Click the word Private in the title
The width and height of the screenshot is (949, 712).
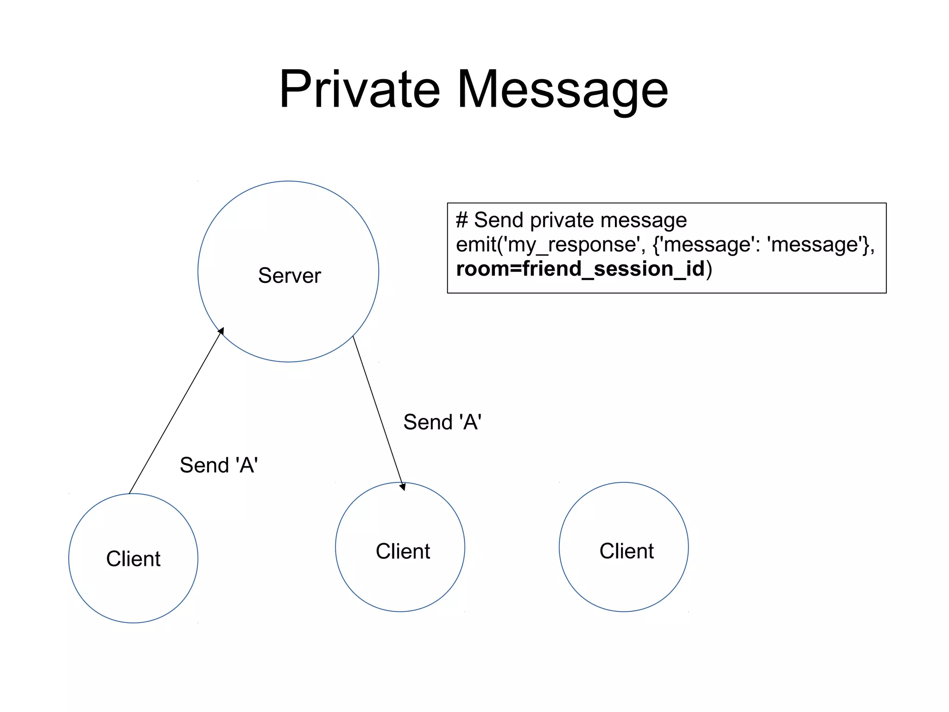point(359,89)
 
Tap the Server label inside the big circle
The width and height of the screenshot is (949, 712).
point(289,276)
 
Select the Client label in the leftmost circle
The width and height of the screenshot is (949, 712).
point(133,558)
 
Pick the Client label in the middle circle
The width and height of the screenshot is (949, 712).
point(403,551)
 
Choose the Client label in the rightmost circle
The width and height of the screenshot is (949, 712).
point(626,551)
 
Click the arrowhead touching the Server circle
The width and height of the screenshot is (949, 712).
point(221,331)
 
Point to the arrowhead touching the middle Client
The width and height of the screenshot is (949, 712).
point(402,487)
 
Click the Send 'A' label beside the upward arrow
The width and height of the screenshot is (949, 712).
point(219,465)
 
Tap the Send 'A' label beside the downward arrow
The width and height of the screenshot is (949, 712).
point(442,422)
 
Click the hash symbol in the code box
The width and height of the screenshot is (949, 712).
point(462,220)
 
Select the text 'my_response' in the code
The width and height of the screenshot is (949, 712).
point(573,245)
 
